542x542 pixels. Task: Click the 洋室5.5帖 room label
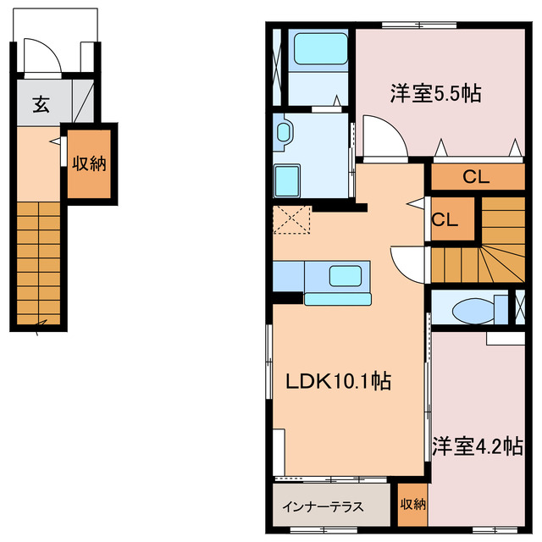pos(435,92)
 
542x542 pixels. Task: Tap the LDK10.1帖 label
pos(339,381)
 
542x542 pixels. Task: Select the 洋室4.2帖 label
pos(477,446)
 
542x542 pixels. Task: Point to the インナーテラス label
pos(323,506)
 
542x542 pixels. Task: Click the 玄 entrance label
pos(41,104)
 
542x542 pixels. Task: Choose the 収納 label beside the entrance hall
pos(89,163)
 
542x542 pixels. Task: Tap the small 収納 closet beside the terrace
pos(412,505)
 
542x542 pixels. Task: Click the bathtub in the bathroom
pos(320,49)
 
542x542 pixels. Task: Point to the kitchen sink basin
pos(346,276)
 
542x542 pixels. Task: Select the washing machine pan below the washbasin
pos(286,180)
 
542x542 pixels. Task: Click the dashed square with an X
pos(291,220)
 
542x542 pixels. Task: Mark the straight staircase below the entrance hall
pos(38,263)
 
